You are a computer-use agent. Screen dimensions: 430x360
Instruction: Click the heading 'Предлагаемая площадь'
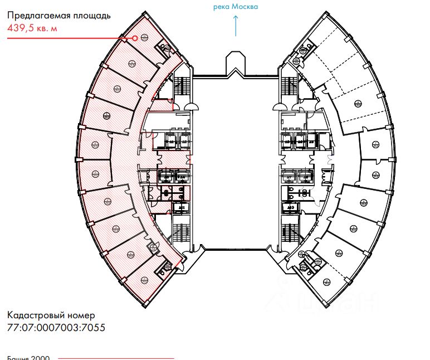point(58,16)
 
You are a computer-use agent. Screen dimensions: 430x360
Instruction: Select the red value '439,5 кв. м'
point(32,28)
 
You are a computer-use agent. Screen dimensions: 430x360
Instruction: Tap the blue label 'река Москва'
point(236,7)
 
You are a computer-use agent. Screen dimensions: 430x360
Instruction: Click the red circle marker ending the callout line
point(134,38)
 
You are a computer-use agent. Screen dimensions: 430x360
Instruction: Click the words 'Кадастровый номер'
point(47,316)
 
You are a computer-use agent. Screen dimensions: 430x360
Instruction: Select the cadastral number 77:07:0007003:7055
point(56,327)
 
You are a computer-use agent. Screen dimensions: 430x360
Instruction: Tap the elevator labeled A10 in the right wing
point(290,208)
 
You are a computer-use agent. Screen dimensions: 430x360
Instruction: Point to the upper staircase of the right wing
point(290,87)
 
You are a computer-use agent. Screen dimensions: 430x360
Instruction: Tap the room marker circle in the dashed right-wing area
point(357,103)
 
